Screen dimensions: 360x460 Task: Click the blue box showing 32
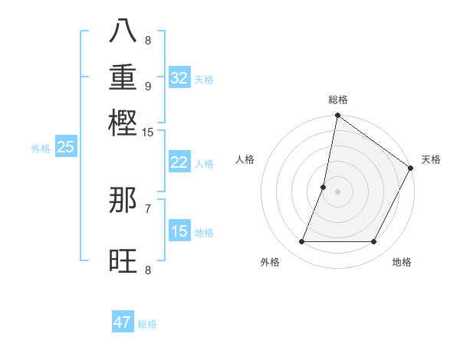179,77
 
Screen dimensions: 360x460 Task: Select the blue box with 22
179,162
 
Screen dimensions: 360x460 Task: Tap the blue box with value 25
65,147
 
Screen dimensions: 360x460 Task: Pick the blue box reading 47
123,322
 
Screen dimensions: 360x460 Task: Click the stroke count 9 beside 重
148,86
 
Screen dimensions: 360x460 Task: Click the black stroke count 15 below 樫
147,132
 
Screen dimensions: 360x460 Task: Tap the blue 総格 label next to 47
147,324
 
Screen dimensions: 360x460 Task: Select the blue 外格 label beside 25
41,149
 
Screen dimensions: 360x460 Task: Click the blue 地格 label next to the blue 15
204,233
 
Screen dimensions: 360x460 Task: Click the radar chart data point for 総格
337,116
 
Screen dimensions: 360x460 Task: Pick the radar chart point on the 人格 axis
324,187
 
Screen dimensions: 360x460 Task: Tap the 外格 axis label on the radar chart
270,263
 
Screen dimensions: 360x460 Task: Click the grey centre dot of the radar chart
337,191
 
